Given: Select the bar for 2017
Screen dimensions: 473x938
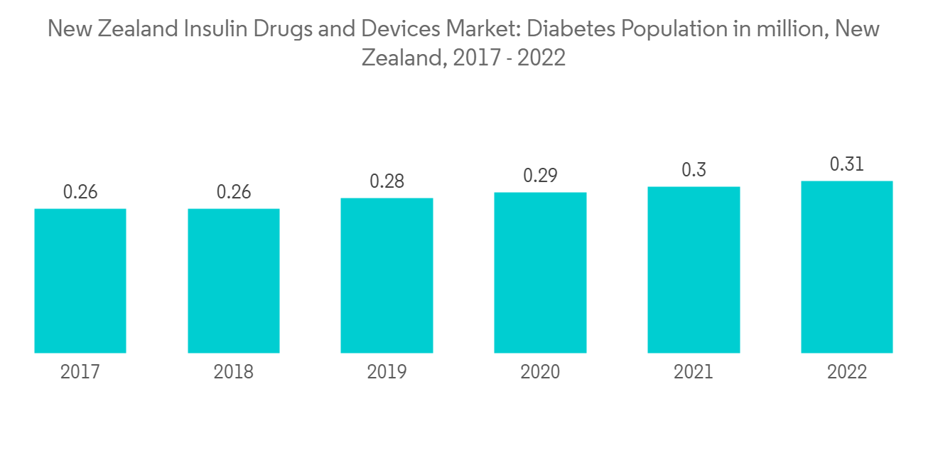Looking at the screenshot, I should [x=80, y=281].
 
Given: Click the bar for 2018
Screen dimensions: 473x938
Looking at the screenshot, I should [x=234, y=281].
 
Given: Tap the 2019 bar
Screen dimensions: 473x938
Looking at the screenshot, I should [x=387, y=275].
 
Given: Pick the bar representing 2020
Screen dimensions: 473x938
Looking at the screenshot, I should [x=540, y=272].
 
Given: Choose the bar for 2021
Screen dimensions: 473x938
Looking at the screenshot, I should [x=694, y=270].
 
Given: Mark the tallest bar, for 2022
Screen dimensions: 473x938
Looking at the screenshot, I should [x=847, y=267].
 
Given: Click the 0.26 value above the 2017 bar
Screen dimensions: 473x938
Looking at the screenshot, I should [x=80, y=192].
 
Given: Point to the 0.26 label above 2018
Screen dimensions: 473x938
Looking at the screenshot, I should [x=234, y=192].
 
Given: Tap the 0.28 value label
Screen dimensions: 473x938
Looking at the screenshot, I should [x=387, y=181].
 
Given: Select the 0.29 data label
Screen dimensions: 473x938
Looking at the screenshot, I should [x=540, y=176].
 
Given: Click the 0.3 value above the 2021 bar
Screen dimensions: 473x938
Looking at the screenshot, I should [x=694, y=170].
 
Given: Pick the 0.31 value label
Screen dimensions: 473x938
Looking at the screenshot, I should [x=847, y=164].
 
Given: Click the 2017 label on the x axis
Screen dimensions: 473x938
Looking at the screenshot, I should [x=80, y=372].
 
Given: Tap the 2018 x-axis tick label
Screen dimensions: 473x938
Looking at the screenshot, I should [x=234, y=372].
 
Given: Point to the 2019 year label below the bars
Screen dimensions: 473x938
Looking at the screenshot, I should [x=387, y=372].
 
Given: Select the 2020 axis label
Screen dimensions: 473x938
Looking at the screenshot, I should [x=540, y=372].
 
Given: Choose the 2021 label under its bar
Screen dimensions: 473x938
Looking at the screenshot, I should [x=694, y=372].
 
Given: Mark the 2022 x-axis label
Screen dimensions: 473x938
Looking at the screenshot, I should [x=847, y=372].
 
